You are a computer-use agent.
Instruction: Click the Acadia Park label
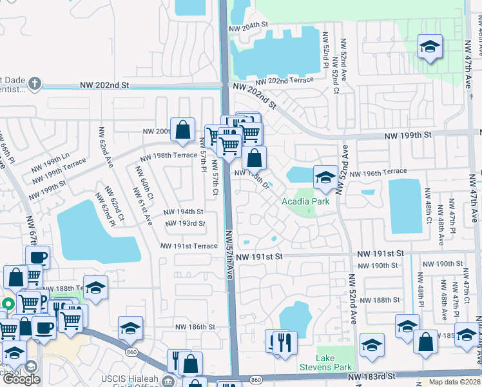pyautogui.click(x=305, y=202)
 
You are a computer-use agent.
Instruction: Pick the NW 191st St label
pyautogui.click(x=259, y=257)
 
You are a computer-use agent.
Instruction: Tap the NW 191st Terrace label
pyautogui.click(x=189, y=246)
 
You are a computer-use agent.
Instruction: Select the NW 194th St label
pyautogui.click(x=183, y=212)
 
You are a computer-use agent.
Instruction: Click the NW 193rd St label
pyautogui.click(x=185, y=224)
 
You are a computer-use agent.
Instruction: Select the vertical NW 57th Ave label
pyautogui.click(x=229, y=255)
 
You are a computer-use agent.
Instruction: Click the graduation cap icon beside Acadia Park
pyautogui.click(x=325, y=178)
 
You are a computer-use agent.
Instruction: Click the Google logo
pyautogui.click(x=21, y=379)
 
